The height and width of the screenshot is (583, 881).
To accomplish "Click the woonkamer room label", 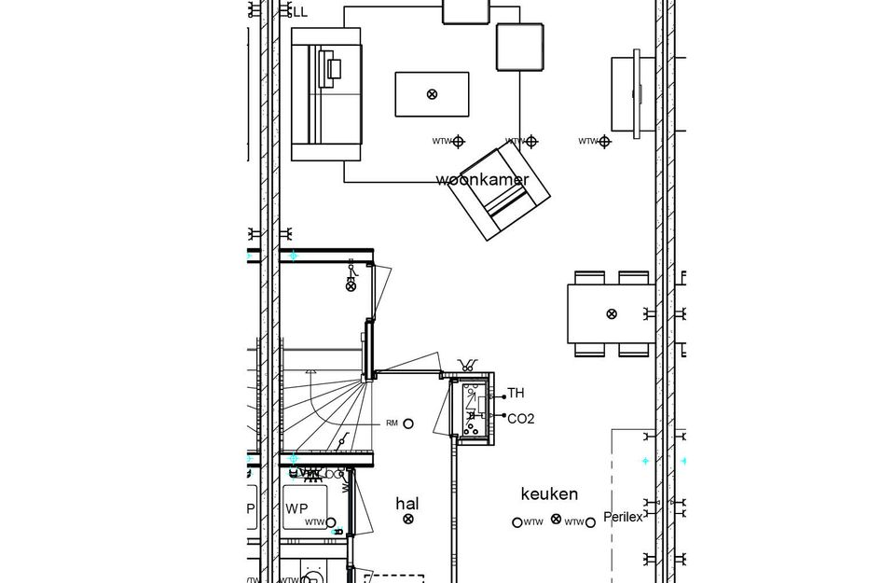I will click(x=482, y=180).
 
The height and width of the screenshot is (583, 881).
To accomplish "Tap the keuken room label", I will click(x=549, y=494).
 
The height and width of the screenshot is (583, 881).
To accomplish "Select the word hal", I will click(x=407, y=504).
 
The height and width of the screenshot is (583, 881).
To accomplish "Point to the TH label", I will click(x=516, y=394).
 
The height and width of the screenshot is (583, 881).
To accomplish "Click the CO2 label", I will click(x=520, y=419).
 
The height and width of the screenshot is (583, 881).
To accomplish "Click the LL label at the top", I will click(x=299, y=12).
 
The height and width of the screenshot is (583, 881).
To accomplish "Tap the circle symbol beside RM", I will click(x=408, y=423).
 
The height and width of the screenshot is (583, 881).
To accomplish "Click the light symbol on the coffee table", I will click(x=432, y=94).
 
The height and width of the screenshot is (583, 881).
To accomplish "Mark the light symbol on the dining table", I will click(x=612, y=313).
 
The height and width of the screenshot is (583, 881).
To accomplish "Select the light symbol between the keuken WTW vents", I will click(x=557, y=519).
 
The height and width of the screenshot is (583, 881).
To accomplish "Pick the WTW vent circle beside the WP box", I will click(x=331, y=523).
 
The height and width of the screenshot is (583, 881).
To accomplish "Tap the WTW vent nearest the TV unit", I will click(x=604, y=142).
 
